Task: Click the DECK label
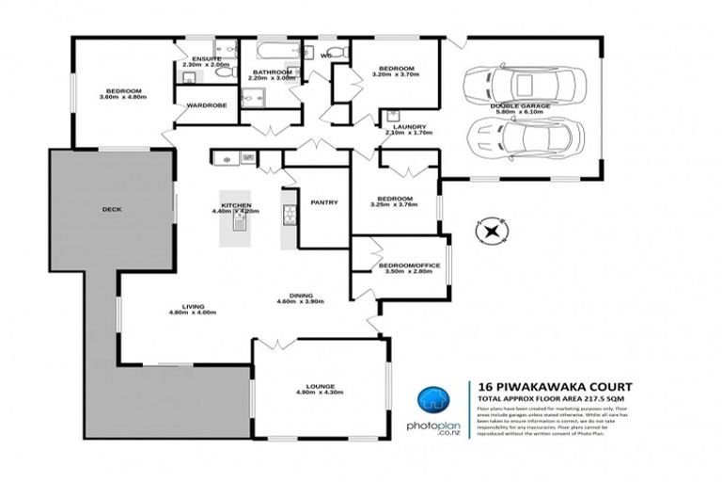coord(113,209)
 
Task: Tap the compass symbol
coord(492,229)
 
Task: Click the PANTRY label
coord(324,202)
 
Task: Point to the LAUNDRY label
coord(407,127)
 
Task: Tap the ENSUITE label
coord(206,58)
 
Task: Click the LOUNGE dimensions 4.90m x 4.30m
coord(321,392)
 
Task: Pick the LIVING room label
coord(193,306)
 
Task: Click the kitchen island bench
coord(238,229)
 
